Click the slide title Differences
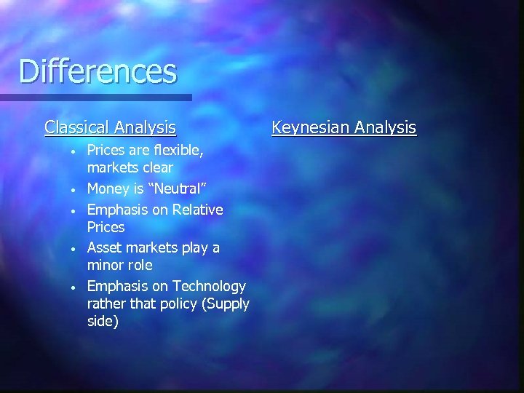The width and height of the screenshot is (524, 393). pos(98,71)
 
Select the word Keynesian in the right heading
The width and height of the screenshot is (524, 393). pos(309,128)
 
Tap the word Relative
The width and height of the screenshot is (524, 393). pos(195,210)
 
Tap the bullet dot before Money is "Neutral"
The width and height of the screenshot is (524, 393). pos(73,190)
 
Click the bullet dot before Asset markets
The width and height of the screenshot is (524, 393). pos(73,249)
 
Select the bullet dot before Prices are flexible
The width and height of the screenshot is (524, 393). pos(73,151)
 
